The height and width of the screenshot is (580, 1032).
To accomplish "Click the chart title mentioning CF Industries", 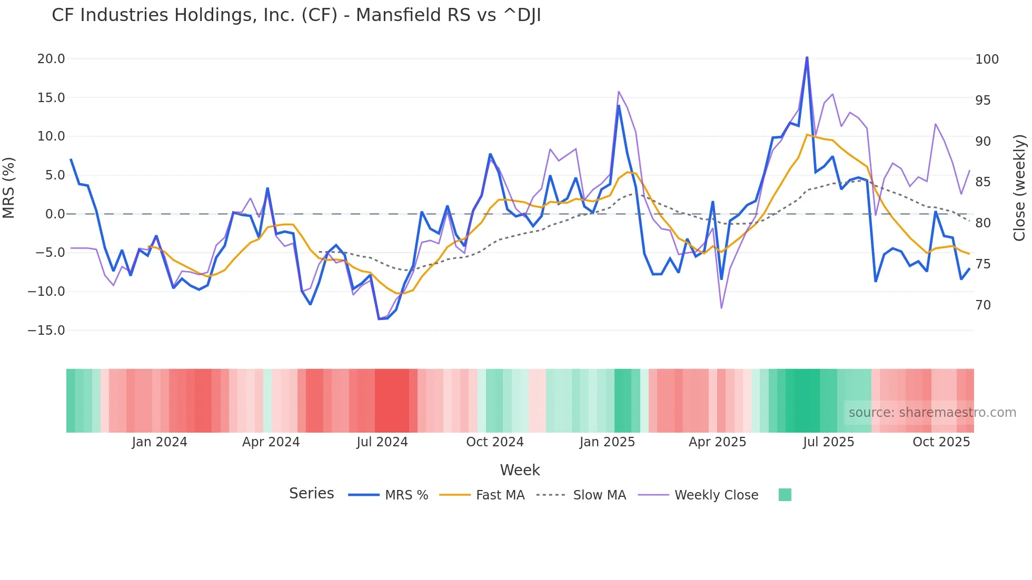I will [x=296, y=15].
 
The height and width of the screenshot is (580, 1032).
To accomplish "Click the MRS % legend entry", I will [x=406, y=495].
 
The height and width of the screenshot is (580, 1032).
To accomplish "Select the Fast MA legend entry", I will [x=500, y=495].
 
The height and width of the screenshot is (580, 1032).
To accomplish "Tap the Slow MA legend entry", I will [x=599, y=495].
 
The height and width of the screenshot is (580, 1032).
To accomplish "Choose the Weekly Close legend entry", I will [x=716, y=495].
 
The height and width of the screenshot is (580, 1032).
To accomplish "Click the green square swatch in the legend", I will [x=785, y=495].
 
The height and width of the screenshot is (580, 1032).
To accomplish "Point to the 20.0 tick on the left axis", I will [x=51, y=59].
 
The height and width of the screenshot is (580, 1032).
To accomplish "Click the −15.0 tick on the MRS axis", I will [x=46, y=331].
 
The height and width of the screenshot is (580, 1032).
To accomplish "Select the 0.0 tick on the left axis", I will [x=55, y=214].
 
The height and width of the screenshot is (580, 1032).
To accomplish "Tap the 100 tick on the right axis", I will [x=987, y=59].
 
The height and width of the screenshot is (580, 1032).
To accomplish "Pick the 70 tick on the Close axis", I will [x=983, y=305].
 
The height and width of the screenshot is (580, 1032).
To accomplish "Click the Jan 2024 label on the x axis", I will [x=160, y=442].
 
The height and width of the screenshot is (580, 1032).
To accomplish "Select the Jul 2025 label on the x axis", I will [x=828, y=442].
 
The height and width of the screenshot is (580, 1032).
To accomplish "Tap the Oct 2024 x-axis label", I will [x=495, y=442].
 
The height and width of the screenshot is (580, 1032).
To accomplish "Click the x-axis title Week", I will [x=520, y=470].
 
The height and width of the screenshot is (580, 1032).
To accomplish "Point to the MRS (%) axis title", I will [x=9, y=188].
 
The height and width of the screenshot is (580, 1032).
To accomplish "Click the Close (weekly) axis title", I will [x=1020, y=188].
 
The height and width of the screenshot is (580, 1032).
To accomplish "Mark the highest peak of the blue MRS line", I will [x=807, y=58].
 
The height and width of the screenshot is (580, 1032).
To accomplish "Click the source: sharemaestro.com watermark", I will [x=932, y=413].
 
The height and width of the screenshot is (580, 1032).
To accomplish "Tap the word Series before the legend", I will [x=311, y=494].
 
